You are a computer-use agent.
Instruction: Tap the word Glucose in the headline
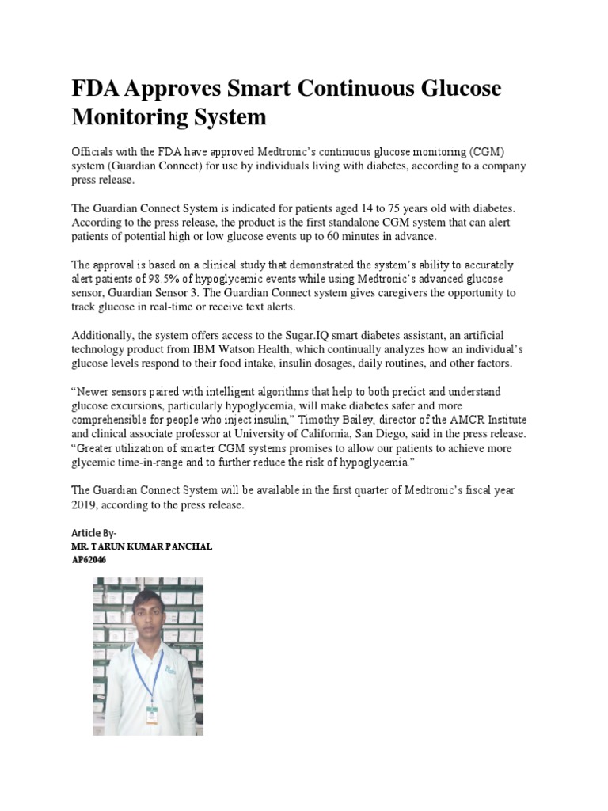pos(455,89)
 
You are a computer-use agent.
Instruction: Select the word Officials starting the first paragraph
pos(94,151)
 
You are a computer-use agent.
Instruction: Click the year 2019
pos(85,504)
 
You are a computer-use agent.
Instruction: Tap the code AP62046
pos(89,560)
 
